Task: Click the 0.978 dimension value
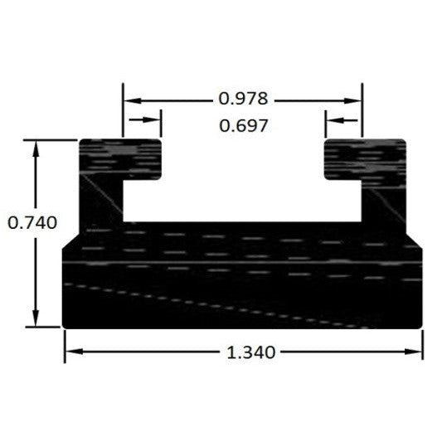tap(243, 99)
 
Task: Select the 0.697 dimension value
tap(243, 126)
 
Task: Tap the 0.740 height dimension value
tap(32, 223)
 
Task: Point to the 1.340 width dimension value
tap(251, 352)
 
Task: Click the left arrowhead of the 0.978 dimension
tap(133, 100)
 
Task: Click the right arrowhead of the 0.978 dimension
tap(352, 100)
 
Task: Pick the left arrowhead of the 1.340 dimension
tap(75, 352)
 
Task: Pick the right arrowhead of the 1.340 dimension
tap(413, 352)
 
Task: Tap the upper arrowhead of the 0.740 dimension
tap(36, 148)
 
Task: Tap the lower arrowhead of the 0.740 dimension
tap(36, 318)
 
